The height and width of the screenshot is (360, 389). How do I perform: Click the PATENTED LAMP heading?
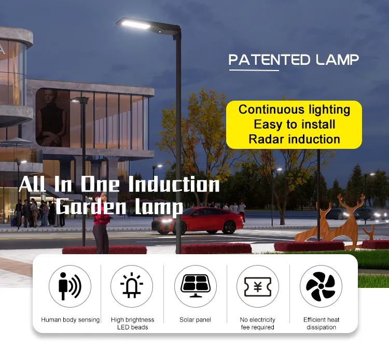pyautogui.click(x=294, y=60)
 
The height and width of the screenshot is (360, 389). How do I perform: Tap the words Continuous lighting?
pyautogui.click(x=294, y=109)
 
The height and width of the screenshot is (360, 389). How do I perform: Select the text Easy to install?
pyautogui.click(x=294, y=124)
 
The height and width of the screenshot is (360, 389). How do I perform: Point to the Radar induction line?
pyautogui.click(x=294, y=139)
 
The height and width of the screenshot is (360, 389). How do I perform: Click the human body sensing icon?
pyautogui.click(x=70, y=286)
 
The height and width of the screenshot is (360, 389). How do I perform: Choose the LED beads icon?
pyautogui.click(x=132, y=286)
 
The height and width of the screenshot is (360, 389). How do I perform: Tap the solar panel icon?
pyautogui.click(x=195, y=286)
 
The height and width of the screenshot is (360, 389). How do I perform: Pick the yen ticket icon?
pyautogui.click(x=258, y=286)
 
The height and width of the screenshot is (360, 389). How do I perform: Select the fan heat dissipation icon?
pyautogui.click(x=321, y=286)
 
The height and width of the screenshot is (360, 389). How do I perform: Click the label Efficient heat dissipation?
pyautogui.click(x=321, y=323)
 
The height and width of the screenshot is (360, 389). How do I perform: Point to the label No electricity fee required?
pyautogui.click(x=258, y=323)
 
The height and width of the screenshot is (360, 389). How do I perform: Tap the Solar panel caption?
pyautogui.click(x=195, y=320)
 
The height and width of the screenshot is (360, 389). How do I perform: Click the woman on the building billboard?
pyautogui.click(x=51, y=119)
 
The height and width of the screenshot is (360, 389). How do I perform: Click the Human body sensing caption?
pyautogui.click(x=70, y=320)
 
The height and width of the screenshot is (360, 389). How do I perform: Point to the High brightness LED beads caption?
pyautogui.click(x=132, y=323)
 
